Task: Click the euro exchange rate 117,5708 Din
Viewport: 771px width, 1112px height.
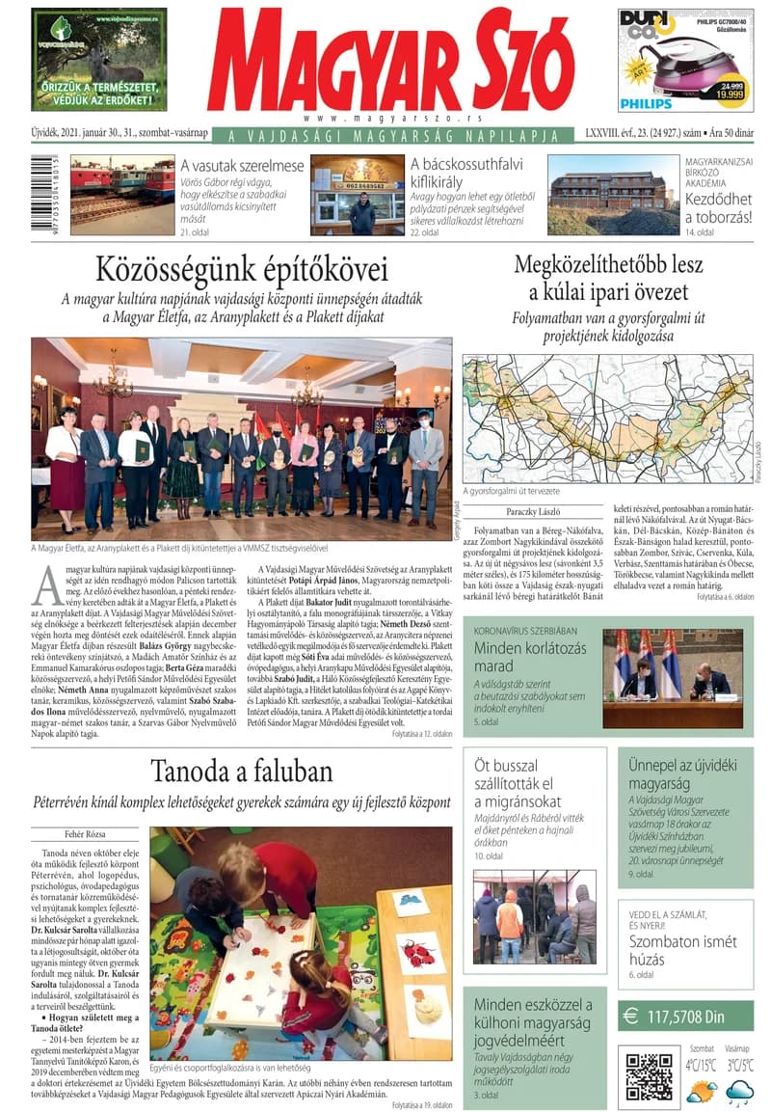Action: [685, 1015]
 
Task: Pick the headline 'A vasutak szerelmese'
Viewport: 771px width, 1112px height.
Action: [242, 165]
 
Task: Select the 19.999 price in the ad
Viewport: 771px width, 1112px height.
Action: [729, 95]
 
